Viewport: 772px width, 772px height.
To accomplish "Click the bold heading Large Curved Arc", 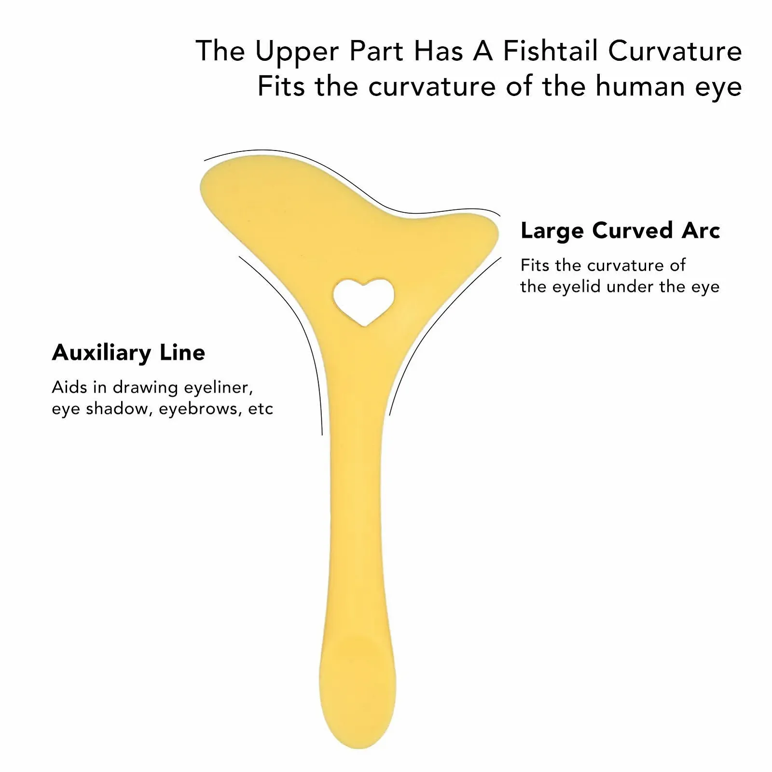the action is click(620, 231).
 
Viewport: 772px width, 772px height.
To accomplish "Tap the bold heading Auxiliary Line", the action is click(128, 352).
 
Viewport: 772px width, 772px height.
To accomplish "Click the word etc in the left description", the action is click(261, 409).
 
